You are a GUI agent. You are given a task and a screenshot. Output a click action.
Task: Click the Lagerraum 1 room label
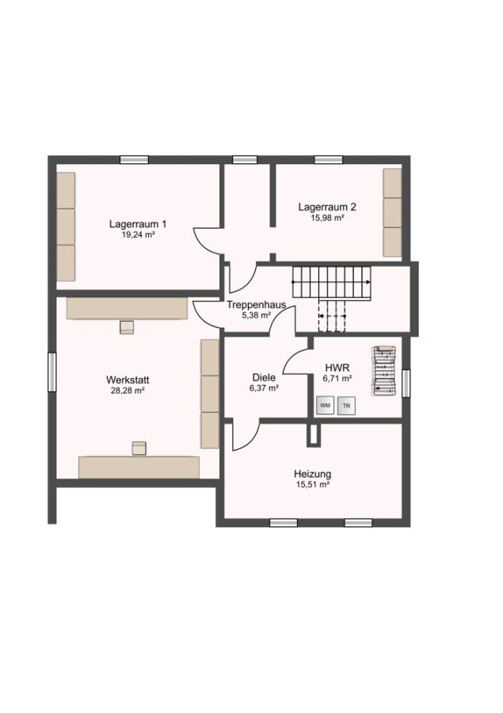(137, 224)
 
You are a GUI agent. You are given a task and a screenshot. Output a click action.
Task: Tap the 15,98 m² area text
(327, 218)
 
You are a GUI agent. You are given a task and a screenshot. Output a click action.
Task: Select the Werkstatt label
(128, 379)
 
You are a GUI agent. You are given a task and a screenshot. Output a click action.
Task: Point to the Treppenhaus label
(257, 305)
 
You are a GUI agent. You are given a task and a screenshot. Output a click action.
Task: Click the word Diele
(264, 378)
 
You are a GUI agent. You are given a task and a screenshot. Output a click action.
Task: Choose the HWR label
(337, 368)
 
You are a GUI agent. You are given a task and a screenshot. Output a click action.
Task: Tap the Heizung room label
(312, 475)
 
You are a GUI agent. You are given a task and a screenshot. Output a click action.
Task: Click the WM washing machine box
(325, 405)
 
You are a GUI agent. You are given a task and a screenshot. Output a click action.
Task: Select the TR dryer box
(346, 406)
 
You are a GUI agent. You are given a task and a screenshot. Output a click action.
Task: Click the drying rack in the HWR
(385, 371)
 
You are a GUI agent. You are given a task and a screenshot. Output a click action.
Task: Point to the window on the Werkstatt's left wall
(51, 372)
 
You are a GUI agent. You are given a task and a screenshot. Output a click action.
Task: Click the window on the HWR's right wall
(406, 383)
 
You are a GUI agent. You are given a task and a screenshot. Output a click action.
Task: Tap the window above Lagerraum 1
(134, 159)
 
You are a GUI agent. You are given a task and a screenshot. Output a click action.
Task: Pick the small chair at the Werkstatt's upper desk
(127, 327)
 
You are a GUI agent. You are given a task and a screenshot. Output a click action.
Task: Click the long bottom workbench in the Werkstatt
(139, 467)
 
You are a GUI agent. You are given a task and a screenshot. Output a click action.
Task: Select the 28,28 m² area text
(128, 390)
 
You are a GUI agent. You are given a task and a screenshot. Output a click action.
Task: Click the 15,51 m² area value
(312, 485)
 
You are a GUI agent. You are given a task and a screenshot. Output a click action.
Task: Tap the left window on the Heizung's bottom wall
(284, 523)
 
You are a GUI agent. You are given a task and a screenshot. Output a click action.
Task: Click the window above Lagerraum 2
(329, 159)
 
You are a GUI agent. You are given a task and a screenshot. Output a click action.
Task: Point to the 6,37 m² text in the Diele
(264, 388)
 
